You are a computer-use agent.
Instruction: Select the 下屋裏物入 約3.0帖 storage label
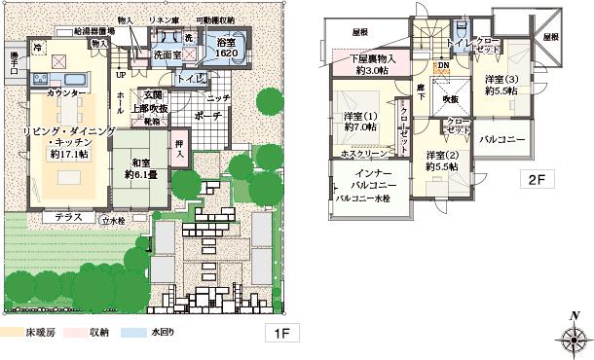click(x=372, y=65)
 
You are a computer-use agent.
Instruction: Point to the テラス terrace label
click(x=68, y=216)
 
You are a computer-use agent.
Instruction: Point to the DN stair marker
click(x=442, y=66)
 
